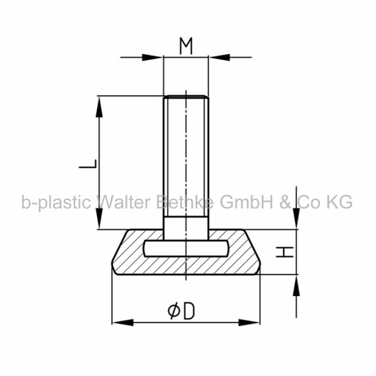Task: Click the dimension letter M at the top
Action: coord(186,46)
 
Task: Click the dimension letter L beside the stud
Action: coord(88,164)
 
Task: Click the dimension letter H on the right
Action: coord(285,252)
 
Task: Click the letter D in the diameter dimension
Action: coord(189,311)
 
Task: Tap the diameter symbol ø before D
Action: coord(173,311)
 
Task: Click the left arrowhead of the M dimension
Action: coord(152,57)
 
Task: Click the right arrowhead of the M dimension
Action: coord(219,57)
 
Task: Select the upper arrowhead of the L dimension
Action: coord(99,106)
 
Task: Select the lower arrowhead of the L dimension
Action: coord(99,219)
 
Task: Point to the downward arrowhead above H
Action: coord(296,219)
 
